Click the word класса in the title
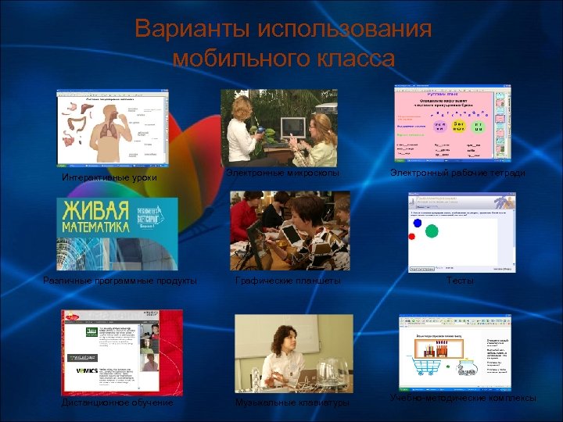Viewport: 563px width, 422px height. click(352, 59)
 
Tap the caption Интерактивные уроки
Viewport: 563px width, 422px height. click(109, 178)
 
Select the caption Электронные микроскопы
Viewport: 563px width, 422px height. click(283, 172)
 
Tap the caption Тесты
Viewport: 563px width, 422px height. click(460, 281)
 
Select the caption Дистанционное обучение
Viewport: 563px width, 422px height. click(118, 403)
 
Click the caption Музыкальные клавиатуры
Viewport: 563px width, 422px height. click(292, 403)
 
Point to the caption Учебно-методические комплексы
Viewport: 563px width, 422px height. click(463, 399)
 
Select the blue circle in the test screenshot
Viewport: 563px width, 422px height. click(418, 224)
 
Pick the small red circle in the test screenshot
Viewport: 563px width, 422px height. click(412, 236)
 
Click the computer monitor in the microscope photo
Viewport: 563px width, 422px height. click(292, 127)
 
